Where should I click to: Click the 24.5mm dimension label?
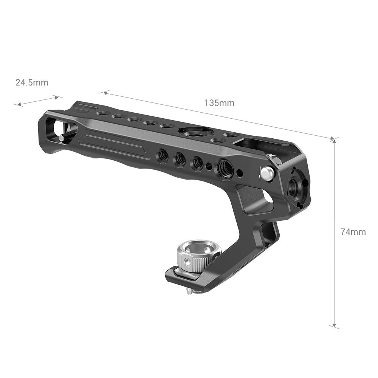[32, 82]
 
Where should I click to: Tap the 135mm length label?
[219, 103]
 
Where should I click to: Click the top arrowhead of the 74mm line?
[333, 139]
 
